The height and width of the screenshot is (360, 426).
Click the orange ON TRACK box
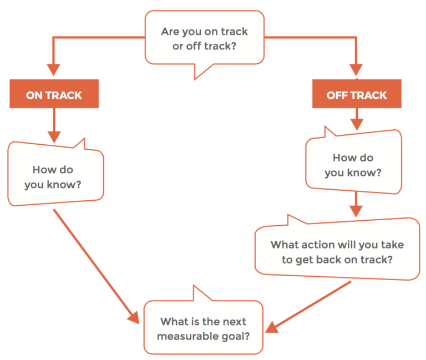tap(54, 94)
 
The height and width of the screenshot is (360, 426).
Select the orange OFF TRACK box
tap(356, 94)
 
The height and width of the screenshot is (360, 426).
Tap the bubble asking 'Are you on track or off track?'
tap(204, 39)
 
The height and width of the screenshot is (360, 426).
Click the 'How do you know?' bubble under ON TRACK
tap(55, 176)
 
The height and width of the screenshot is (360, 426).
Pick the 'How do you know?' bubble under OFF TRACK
tap(353, 165)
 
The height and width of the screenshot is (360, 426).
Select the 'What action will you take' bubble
tap(337, 251)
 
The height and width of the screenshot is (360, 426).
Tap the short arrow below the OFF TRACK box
tap(356, 119)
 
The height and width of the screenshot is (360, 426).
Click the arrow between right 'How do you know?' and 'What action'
tap(356, 205)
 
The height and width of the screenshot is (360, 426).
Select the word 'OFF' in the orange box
tap(337, 95)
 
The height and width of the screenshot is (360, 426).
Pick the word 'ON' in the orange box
tap(34, 95)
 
